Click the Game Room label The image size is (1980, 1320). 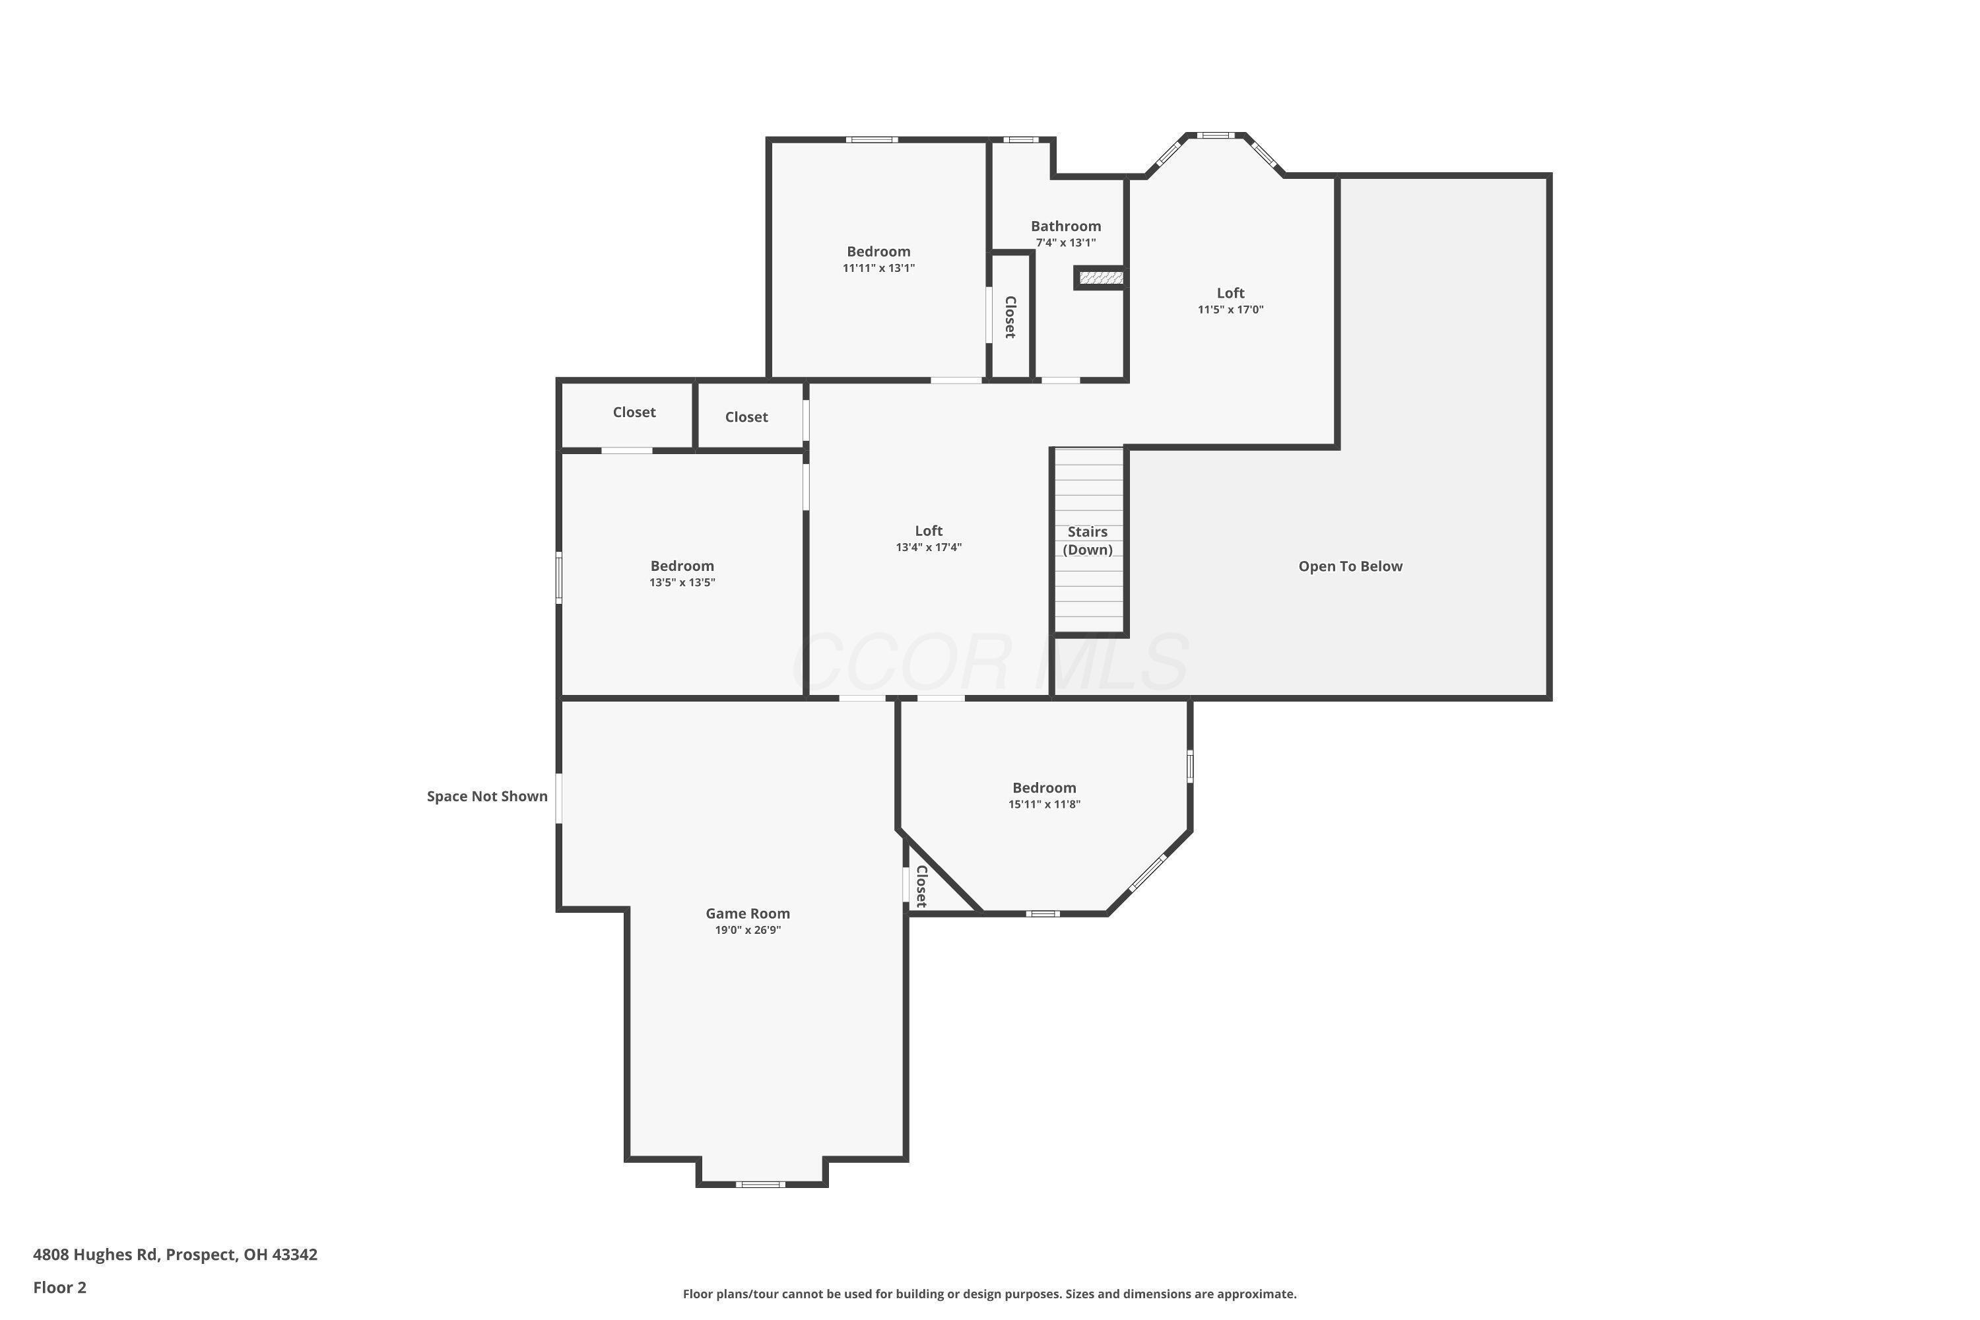click(x=748, y=913)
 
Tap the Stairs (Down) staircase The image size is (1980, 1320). click(x=1088, y=541)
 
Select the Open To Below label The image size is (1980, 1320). click(x=1350, y=566)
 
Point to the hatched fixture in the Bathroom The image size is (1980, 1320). click(x=1100, y=278)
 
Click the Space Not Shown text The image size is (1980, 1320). click(x=486, y=797)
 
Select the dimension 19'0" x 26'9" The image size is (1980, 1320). click(x=748, y=930)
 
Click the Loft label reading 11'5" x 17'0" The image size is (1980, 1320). click(x=1230, y=293)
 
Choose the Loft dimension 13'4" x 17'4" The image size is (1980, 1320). click(x=929, y=547)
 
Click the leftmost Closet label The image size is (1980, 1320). click(x=634, y=412)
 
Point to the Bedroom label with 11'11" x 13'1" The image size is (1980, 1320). click(x=878, y=251)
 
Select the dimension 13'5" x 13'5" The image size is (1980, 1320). click(x=682, y=583)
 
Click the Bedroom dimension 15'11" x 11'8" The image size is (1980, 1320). click(x=1044, y=804)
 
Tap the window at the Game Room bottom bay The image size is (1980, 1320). click(x=760, y=1185)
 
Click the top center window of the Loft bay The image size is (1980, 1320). click(x=1216, y=135)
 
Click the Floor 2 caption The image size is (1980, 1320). click(x=60, y=1287)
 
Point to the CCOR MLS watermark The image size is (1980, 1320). click(x=990, y=663)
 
